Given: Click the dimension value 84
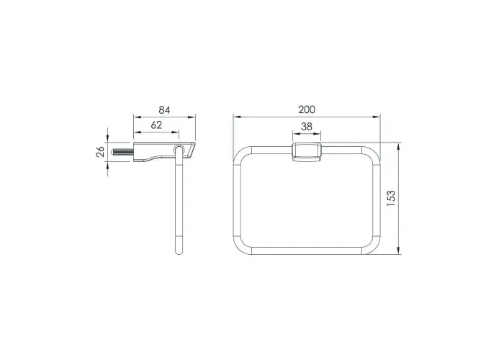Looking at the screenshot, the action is (x=164, y=110).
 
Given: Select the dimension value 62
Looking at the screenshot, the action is (x=156, y=125).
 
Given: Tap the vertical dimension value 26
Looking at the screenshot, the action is (x=100, y=151).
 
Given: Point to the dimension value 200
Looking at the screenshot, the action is (x=307, y=109).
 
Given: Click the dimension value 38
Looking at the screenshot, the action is (x=307, y=127).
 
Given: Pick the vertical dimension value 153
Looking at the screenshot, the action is (x=391, y=198).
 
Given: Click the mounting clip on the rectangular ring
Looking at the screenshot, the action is (x=307, y=153).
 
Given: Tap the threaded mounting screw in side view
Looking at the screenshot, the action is (x=122, y=152).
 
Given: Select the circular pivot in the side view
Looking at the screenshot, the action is (x=179, y=150).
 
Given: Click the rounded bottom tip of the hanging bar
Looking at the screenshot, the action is (x=179, y=251).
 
